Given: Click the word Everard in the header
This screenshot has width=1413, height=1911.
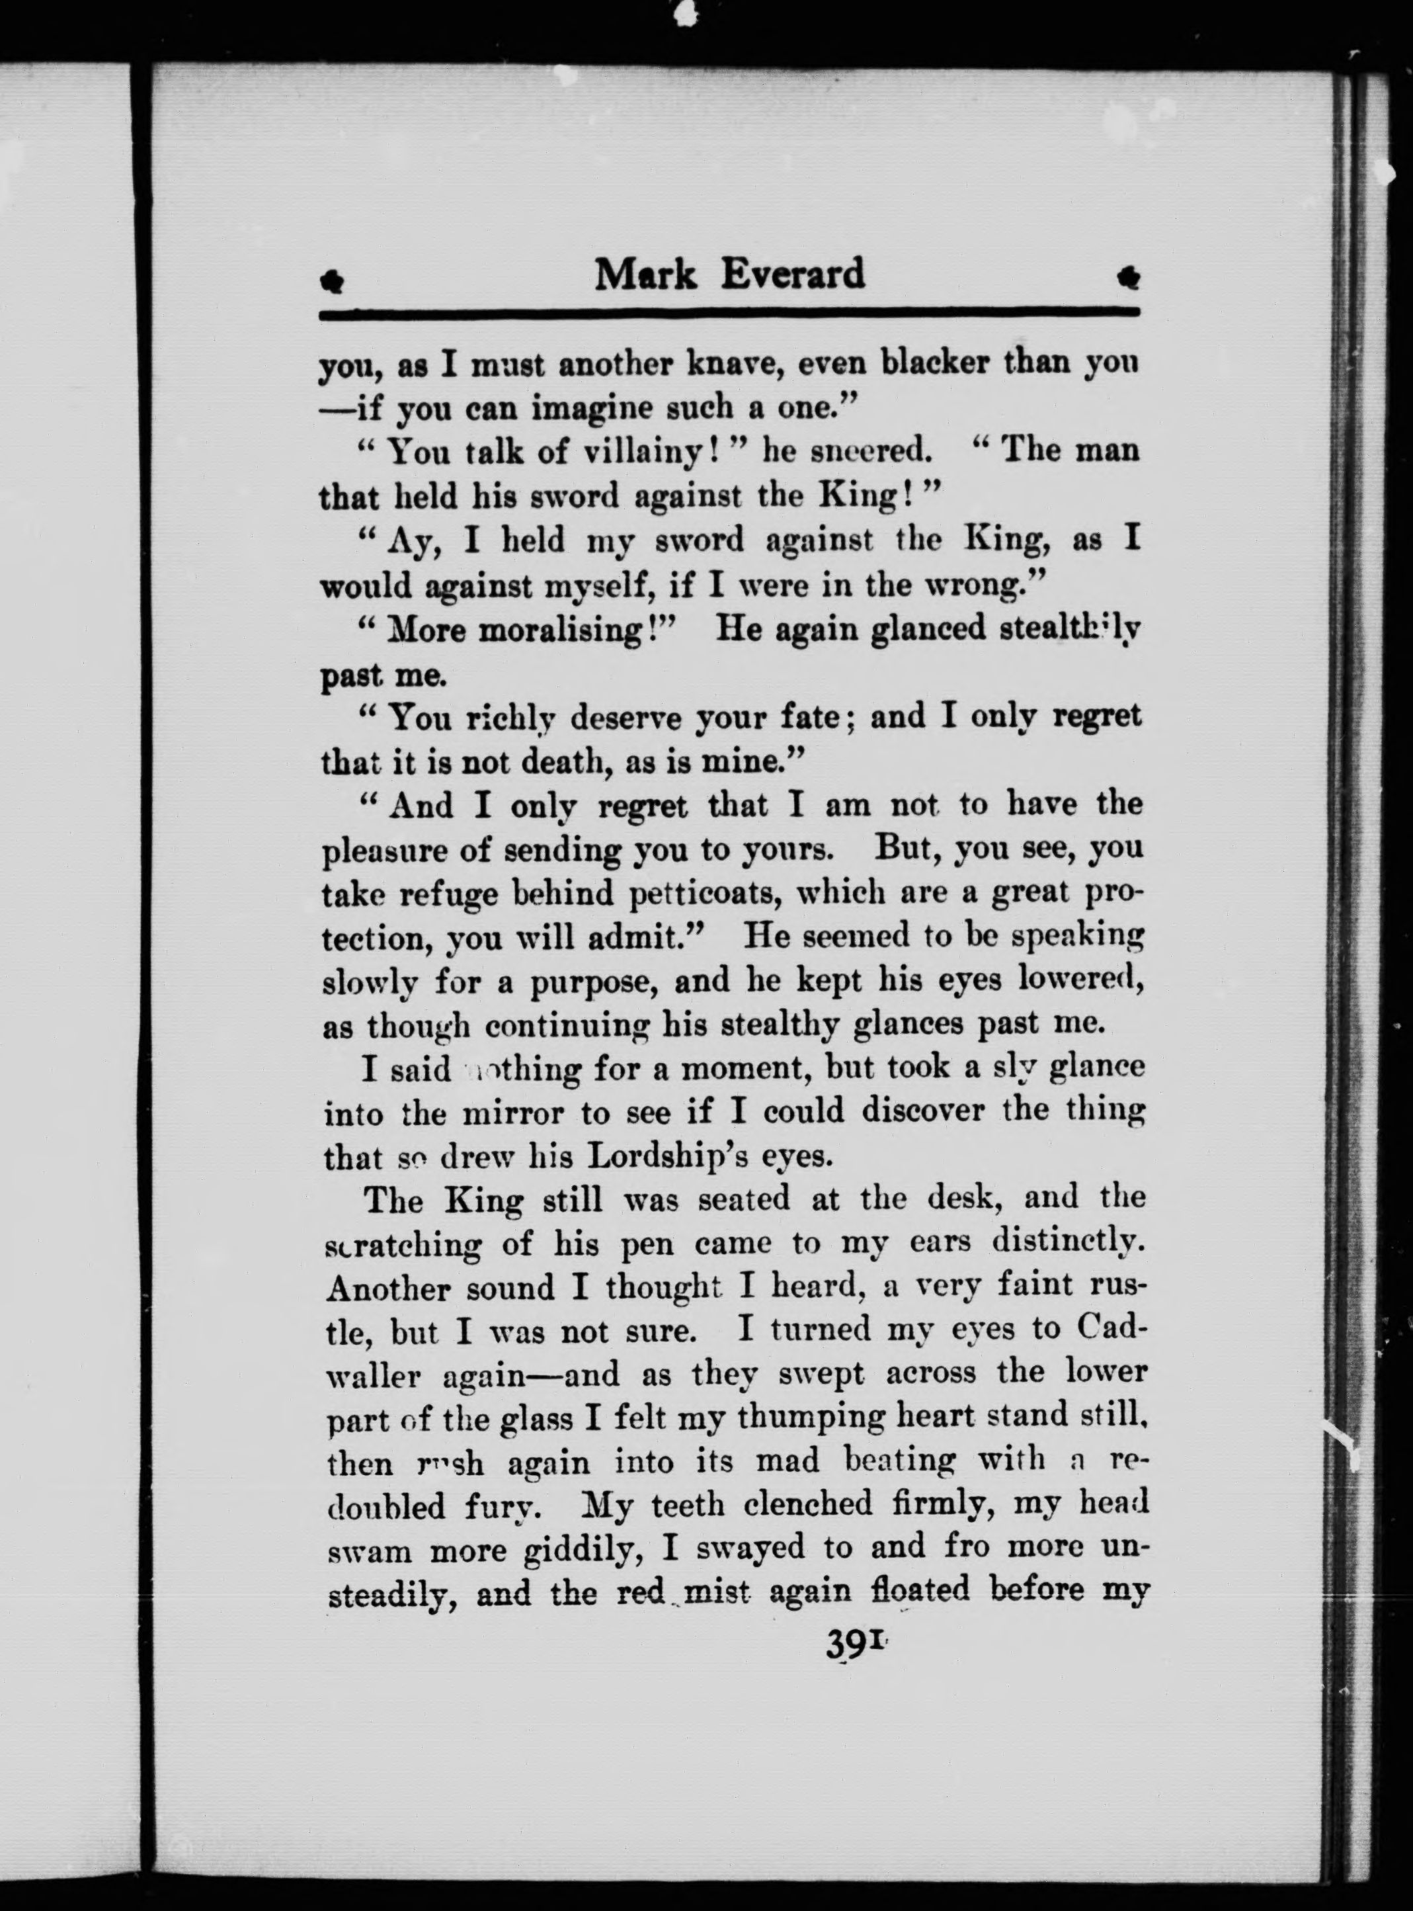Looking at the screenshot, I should pyautogui.click(x=792, y=275).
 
